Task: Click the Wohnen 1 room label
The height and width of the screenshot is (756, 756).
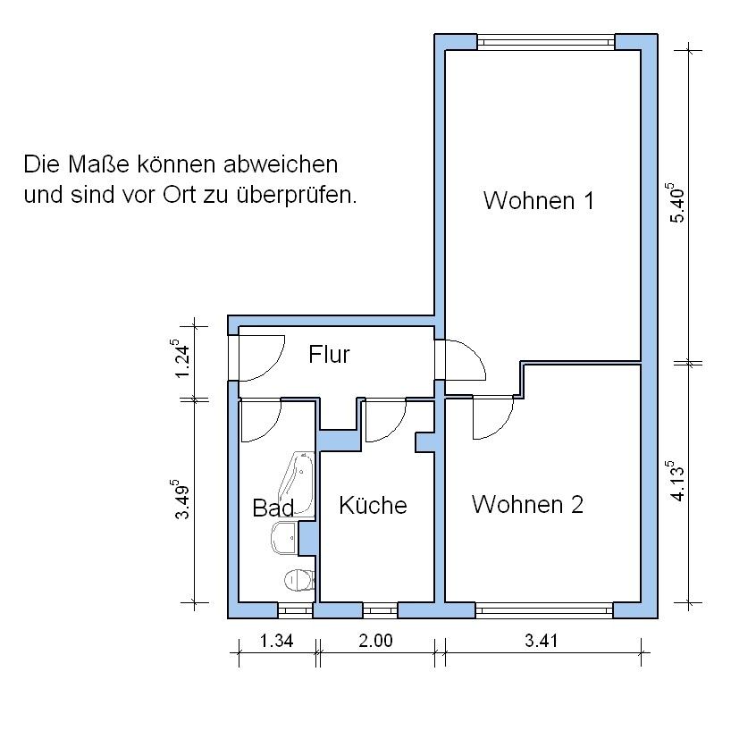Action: tap(539, 200)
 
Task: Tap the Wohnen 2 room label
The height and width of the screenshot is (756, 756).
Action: tap(527, 504)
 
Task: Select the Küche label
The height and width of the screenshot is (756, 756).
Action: tap(373, 505)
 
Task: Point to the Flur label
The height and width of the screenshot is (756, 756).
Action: tap(329, 355)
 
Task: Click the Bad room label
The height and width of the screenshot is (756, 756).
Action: tap(273, 508)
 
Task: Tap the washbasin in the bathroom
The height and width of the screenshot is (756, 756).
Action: tap(285, 538)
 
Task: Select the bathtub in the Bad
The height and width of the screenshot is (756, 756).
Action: tap(298, 484)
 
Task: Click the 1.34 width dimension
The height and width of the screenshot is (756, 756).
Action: tap(277, 641)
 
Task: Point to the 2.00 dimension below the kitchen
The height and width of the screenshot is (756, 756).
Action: tap(375, 641)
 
